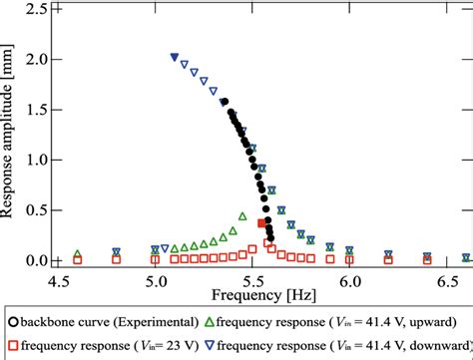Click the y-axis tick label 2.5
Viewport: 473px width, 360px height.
(x=34, y=10)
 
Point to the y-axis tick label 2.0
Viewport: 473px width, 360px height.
(x=34, y=60)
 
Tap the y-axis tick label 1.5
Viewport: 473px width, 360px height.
(x=34, y=110)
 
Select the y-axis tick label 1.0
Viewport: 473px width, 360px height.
(x=34, y=161)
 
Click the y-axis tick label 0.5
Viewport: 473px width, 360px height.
(x=34, y=210)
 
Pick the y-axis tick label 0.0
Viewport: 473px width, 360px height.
(x=34, y=261)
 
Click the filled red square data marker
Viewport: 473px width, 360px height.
(x=262, y=223)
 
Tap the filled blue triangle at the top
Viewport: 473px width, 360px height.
(x=175, y=58)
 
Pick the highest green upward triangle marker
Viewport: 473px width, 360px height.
(x=242, y=215)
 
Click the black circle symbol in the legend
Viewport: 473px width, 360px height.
(x=12, y=322)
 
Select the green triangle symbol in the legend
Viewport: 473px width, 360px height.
(x=208, y=322)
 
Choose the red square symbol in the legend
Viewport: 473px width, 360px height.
(x=12, y=345)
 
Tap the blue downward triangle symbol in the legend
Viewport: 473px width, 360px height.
(x=208, y=345)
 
